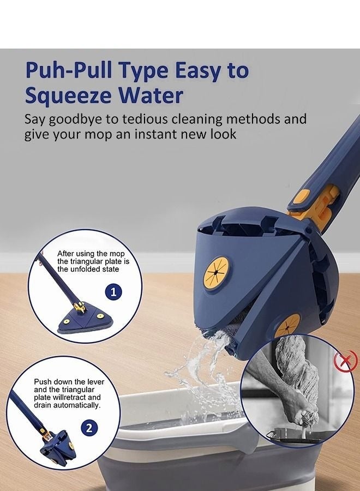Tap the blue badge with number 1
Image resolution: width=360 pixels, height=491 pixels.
click(x=113, y=292)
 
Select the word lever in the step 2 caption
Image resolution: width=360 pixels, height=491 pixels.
click(x=94, y=382)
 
